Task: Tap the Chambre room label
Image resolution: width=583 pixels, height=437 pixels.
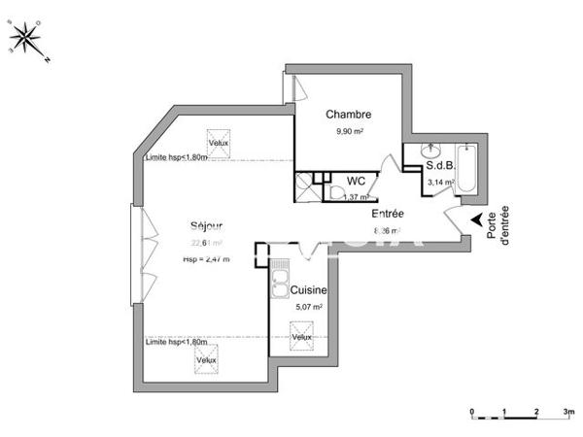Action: tap(348, 115)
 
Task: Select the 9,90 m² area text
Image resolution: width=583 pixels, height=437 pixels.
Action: tap(349, 132)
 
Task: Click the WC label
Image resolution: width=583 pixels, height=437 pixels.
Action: tap(357, 181)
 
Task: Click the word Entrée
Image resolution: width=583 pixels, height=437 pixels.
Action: tap(388, 214)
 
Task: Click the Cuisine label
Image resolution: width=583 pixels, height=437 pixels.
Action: tap(308, 289)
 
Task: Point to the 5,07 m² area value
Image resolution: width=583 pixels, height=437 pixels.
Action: tap(308, 307)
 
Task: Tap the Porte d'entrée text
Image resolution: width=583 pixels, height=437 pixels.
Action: tap(497, 229)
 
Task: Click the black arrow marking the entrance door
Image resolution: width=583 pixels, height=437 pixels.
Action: tap(476, 220)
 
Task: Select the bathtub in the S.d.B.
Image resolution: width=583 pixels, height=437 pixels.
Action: tap(466, 170)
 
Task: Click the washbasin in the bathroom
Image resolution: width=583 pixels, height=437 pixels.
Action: tap(429, 151)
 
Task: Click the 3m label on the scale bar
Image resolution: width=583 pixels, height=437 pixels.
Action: tap(567, 413)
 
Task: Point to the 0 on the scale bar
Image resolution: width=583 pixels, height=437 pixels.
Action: tap(472, 413)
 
